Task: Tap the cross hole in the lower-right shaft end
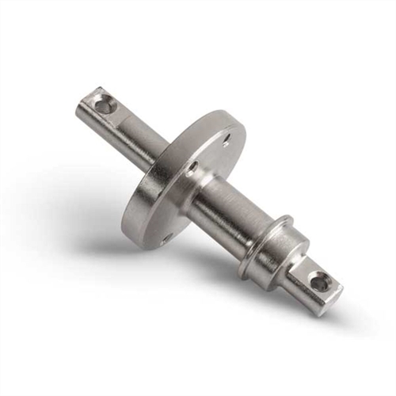pos(318,280)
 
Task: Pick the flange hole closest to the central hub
pos(192,167)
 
